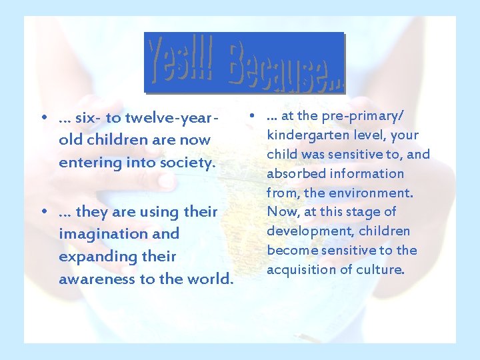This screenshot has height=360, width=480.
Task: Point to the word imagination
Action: click(x=119, y=234)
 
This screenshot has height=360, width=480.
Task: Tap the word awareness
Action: click(x=97, y=279)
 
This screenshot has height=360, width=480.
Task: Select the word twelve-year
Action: click(x=171, y=118)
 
